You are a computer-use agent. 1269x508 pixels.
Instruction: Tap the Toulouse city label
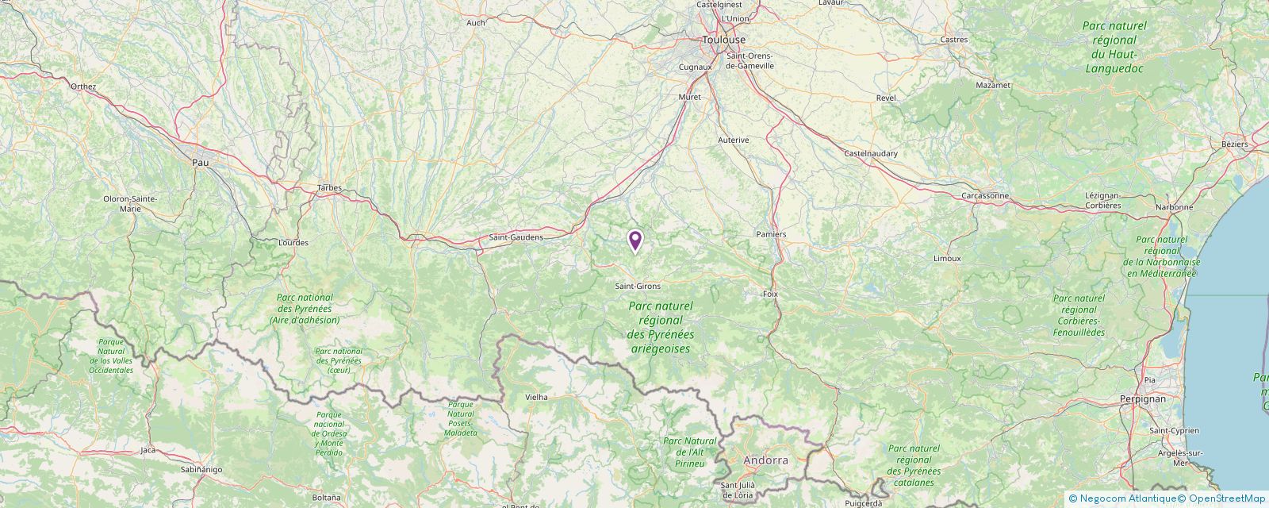723,40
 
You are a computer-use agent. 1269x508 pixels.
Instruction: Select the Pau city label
200,162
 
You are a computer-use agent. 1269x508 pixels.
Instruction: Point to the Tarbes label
329,188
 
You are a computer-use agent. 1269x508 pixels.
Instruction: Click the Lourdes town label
293,242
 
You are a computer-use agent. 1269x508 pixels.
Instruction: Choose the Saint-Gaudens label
516,237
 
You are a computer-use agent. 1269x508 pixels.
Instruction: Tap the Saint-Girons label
638,286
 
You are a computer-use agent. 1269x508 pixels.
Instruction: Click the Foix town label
769,294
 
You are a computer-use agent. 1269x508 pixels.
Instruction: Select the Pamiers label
771,234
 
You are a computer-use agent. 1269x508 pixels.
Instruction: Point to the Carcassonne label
984,195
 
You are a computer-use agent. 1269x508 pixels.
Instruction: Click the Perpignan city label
1143,398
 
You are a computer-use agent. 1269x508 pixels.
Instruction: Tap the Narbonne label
1174,207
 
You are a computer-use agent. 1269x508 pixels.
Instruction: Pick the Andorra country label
765,460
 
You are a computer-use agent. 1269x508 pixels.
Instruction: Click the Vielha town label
537,397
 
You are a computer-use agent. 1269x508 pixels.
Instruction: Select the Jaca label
148,450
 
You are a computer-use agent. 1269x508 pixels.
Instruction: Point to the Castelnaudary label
871,153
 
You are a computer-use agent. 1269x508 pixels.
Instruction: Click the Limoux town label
947,258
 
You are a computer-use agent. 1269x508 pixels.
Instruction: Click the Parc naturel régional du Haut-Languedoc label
1114,47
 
